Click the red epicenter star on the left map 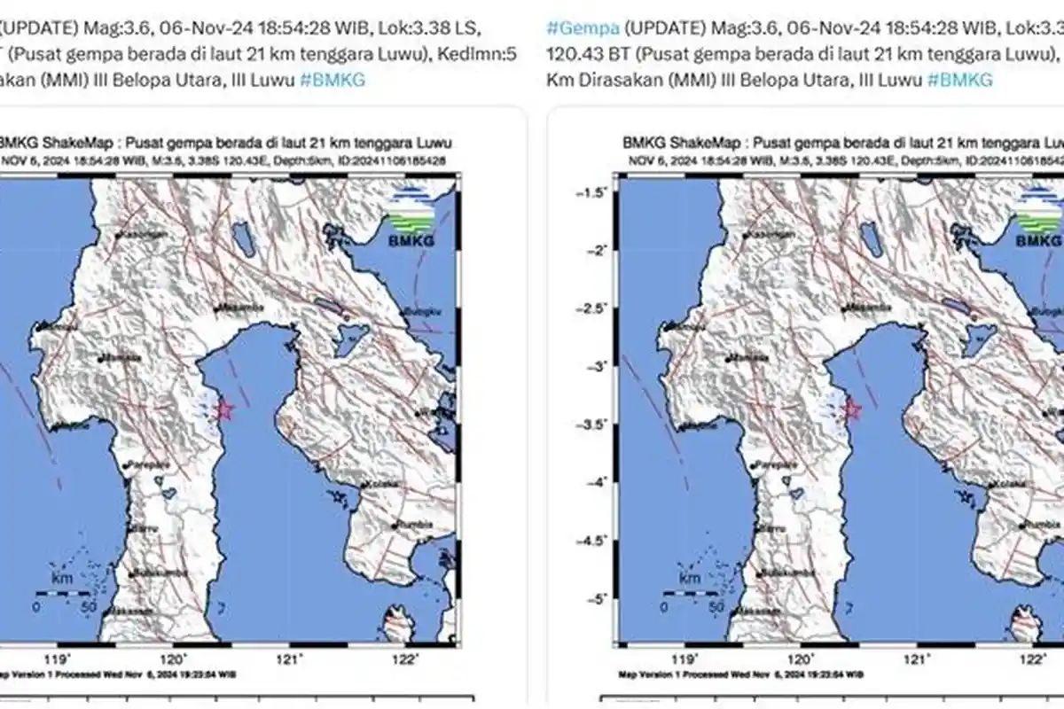pos(224,409)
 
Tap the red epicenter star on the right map pos(852,409)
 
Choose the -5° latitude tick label pos(596,598)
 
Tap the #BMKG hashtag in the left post pos(332,80)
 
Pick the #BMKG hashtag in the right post pos(960,80)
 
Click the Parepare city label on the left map pos(144,464)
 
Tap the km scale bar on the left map pos(62,592)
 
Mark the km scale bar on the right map pos(690,592)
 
